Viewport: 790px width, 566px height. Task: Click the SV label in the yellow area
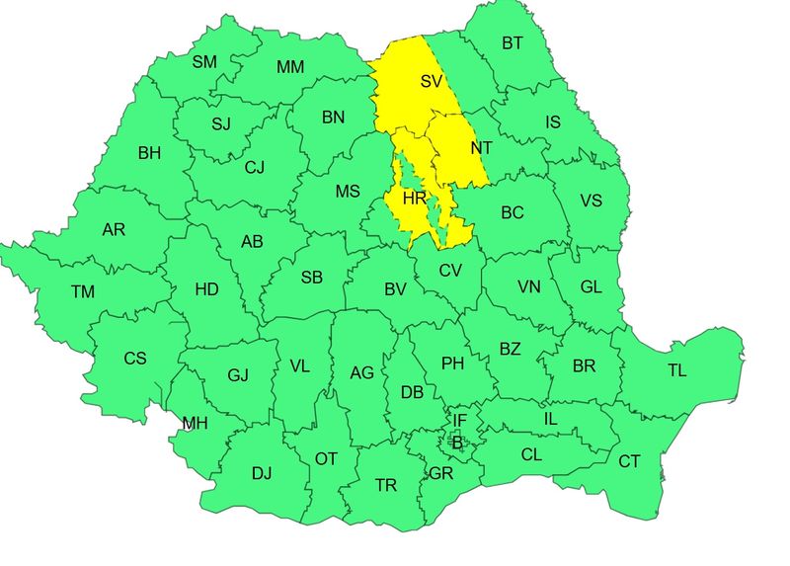(x=432, y=82)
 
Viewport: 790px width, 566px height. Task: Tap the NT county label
(x=482, y=148)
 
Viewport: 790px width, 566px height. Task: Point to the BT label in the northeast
(x=513, y=42)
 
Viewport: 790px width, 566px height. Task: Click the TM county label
(x=83, y=291)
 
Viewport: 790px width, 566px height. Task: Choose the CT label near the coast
(x=629, y=461)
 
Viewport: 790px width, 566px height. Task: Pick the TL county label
(x=676, y=370)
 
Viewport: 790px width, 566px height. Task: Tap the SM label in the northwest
(x=204, y=62)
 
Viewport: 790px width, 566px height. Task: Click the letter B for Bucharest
(x=456, y=442)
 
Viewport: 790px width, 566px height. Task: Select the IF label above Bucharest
(x=459, y=421)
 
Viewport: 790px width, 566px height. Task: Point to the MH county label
(x=195, y=424)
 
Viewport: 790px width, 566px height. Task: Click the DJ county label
(x=261, y=473)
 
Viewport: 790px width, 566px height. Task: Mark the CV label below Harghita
(x=450, y=271)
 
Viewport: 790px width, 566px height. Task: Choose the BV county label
(x=396, y=289)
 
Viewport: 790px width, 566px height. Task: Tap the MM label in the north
(x=290, y=68)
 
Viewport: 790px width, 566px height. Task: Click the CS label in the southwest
(x=134, y=359)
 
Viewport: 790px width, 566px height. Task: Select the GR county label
(x=440, y=473)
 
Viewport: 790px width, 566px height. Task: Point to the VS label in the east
(x=591, y=201)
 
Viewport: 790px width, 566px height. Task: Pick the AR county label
(x=114, y=230)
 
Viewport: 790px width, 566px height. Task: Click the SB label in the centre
(x=311, y=278)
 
